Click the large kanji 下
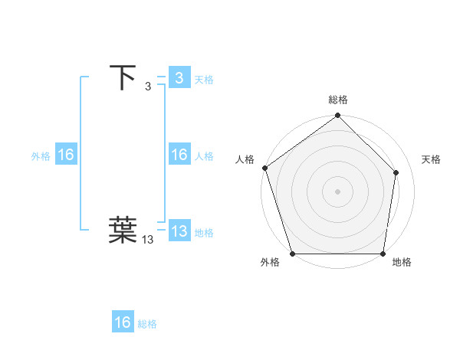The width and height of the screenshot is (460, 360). point(123,77)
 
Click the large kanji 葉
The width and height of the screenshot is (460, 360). point(123,231)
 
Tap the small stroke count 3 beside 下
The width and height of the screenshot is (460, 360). point(148,87)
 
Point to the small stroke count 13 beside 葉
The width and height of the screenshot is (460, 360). point(148,240)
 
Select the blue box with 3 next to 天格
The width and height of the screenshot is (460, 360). point(179,77)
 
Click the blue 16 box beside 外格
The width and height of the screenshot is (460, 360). point(65,155)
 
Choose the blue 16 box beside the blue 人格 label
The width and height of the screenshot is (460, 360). point(179,155)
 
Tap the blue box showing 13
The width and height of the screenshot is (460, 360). point(179,231)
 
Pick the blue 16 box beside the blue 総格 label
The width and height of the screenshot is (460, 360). point(123,322)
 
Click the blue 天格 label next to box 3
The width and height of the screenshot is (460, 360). point(204,79)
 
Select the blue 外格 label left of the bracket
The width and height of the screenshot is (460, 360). point(41,155)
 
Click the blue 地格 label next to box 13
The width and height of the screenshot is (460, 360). point(204,232)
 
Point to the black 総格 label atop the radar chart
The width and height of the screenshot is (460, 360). point(338,100)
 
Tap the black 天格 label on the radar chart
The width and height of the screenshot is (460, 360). point(431,159)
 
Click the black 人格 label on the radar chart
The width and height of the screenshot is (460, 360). point(245,159)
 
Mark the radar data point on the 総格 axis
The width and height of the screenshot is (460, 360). point(338,116)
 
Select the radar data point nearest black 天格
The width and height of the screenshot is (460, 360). point(396,172)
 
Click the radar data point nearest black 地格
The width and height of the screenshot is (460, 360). point(383,254)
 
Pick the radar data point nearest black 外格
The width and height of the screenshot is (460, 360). point(293,254)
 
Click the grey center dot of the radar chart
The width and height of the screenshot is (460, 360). point(338,191)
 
